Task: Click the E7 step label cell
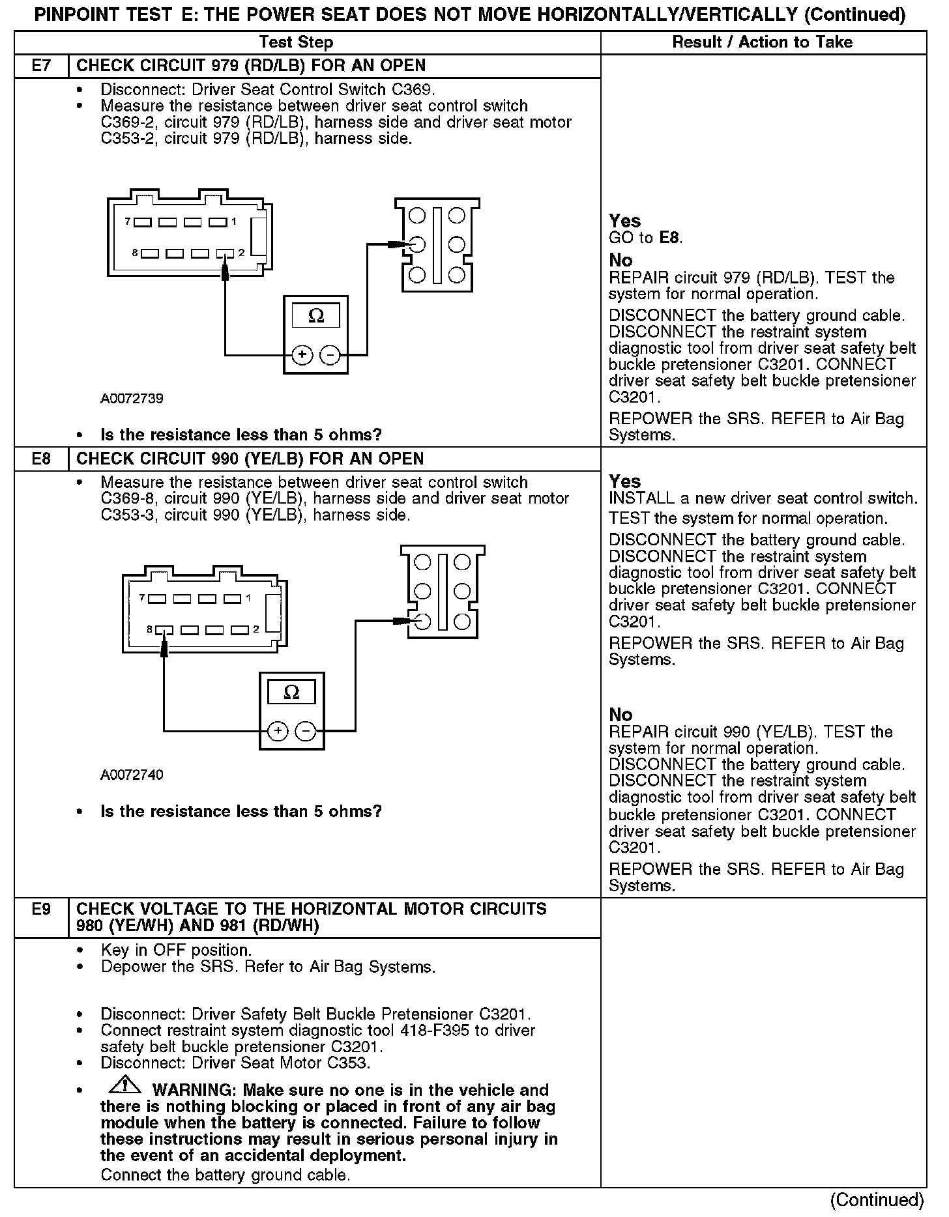[x=41, y=66]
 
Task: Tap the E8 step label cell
[x=41, y=459]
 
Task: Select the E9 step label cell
[x=41, y=909]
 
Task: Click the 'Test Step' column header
[x=296, y=42]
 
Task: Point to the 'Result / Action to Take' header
[x=762, y=42]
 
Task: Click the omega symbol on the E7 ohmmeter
[x=315, y=317]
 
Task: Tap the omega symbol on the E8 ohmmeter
[x=292, y=692]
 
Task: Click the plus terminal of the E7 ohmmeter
[x=302, y=355]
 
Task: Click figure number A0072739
[x=132, y=398]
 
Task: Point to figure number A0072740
[x=132, y=775]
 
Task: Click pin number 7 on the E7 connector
[x=128, y=222]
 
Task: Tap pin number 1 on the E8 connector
[x=248, y=598]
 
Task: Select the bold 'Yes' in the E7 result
[x=625, y=221]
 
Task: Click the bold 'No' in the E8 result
[x=621, y=715]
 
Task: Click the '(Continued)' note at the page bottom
[x=877, y=1199]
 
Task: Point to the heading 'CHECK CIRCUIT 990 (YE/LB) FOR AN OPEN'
[x=250, y=459]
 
